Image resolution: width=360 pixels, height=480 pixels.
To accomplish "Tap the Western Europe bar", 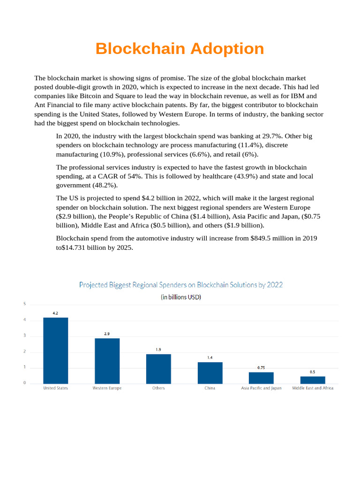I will point(107,360).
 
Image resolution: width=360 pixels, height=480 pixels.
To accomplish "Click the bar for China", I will point(210,373).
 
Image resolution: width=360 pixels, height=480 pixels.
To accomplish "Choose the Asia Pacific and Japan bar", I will point(261,378).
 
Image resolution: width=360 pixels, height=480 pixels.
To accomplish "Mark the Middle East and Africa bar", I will point(313,380).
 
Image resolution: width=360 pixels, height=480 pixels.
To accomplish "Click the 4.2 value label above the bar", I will point(55,313).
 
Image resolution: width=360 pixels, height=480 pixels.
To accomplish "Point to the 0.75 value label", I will point(261,367).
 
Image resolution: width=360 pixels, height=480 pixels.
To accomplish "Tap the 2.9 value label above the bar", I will point(107,334).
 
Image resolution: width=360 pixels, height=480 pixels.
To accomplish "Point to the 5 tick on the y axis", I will point(24,304).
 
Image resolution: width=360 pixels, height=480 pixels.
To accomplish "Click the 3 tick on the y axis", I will point(24,336).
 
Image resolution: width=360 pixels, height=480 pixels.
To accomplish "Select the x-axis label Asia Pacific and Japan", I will point(261,388).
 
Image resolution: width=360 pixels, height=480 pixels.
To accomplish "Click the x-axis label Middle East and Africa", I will point(313,388).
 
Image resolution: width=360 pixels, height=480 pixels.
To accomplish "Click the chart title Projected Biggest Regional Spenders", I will point(181,285).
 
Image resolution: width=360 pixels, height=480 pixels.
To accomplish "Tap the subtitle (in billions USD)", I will point(181,297).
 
